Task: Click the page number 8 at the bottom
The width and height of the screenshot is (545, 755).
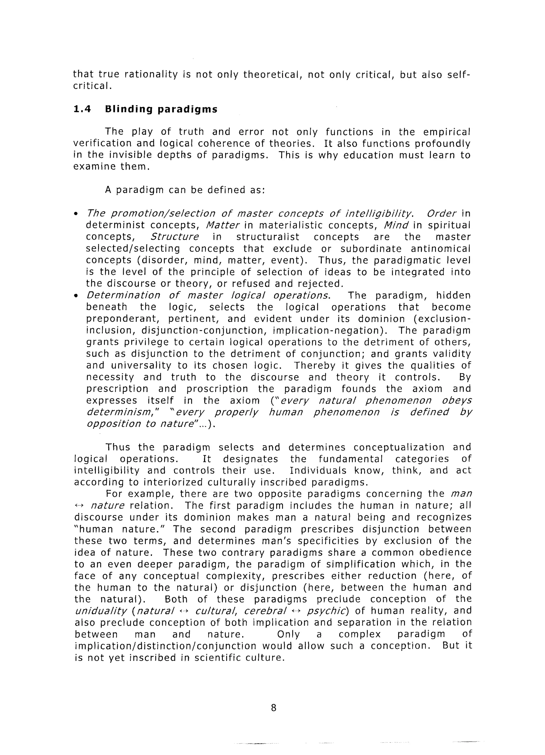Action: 273,708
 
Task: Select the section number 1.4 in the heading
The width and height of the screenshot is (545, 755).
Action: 82,109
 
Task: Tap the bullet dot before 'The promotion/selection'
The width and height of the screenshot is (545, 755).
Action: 76,213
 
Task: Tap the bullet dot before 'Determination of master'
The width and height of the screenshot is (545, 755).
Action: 76,295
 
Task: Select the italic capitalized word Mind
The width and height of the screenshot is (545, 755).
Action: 396,225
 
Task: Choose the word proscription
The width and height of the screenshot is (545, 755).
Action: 217,389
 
